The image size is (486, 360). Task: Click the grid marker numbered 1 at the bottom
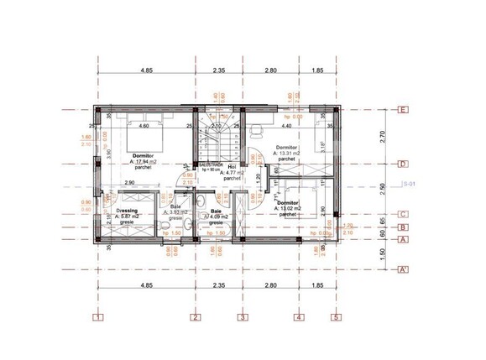pos(97,317)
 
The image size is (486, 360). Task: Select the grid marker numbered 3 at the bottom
pos(242,317)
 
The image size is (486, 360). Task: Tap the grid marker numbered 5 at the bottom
pos(335,317)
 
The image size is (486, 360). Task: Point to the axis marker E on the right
pos(404,110)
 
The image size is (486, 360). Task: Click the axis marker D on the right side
pos(404,164)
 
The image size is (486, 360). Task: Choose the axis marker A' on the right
pos(405,269)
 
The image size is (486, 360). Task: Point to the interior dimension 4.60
pos(144,126)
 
